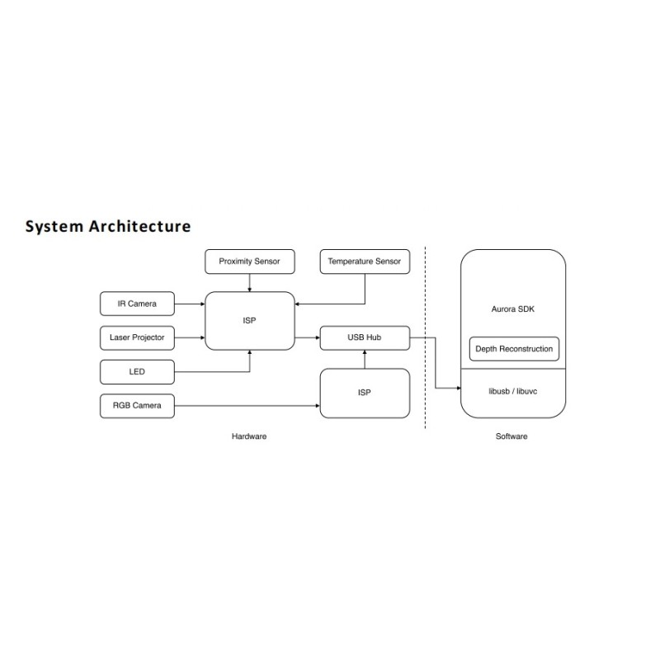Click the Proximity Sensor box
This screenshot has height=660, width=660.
pyautogui.click(x=250, y=262)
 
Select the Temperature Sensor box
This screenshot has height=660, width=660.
pyautogui.click(x=365, y=262)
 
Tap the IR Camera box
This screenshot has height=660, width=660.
pyautogui.click(x=137, y=304)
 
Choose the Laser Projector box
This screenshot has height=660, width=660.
pyautogui.click(x=137, y=337)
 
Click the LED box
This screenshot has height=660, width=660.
pyautogui.click(x=137, y=372)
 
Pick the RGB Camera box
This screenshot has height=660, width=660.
pyautogui.click(x=137, y=406)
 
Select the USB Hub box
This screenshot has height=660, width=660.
pyautogui.click(x=365, y=337)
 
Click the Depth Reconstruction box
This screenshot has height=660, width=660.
pyautogui.click(x=514, y=349)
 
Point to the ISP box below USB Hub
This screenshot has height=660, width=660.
pyautogui.click(x=365, y=394)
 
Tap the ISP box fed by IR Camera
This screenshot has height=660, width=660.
pyautogui.click(x=250, y=321)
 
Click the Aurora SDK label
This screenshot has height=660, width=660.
pyautogui.click(x=512, y=309)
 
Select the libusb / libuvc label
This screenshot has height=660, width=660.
pyautogui.click(x=512, y=391)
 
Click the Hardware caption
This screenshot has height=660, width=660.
pyautogui.click(x=249, y=436)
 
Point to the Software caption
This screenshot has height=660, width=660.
pyautogui.click(x=511, y=436)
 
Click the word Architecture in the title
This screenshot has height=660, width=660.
pyautogui.click(x=139, y=226)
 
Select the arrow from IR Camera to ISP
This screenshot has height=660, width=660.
pyautogui.click(x=190, y=304)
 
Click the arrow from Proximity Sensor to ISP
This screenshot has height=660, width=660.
pyautogui.click(x=250, y=283)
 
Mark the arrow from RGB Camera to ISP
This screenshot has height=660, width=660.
pyautogui.click(x=247, y=406)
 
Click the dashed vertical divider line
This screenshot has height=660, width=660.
pyautogui.click(x=425, y=337)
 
